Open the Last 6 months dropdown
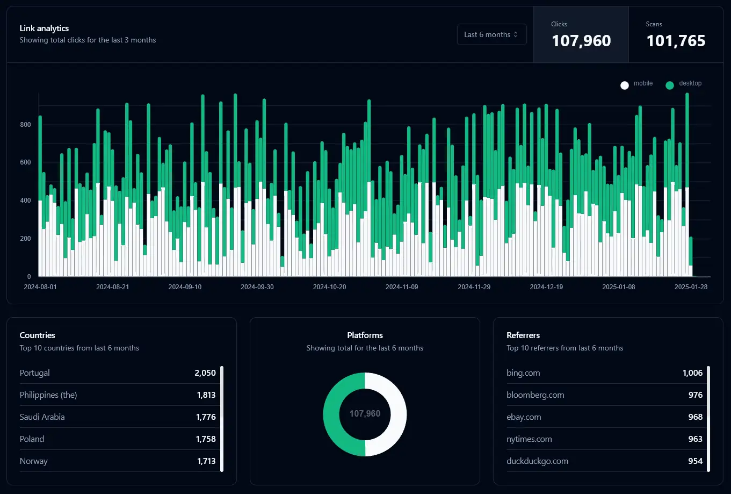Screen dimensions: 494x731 point(491,34)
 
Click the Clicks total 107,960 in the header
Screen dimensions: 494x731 point(581,40)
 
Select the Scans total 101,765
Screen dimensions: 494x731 point(676,40)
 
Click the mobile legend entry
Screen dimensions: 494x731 point(637,84)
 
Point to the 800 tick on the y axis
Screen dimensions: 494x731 point(26,125)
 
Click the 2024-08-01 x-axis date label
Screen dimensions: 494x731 point(40,287)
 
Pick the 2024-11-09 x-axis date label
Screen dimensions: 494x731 point(402,287)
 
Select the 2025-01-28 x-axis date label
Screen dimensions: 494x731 point(691,287)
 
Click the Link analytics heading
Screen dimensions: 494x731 point(44,28)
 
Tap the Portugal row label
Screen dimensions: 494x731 point(35,373)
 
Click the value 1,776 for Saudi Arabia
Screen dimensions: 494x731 point(206,417)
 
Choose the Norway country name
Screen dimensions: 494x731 point(34,461)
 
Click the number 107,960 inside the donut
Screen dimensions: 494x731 point(365,414)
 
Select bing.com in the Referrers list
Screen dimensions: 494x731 point(523,373)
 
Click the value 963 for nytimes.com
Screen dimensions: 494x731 point(695,439)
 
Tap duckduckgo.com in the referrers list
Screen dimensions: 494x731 point(537,461)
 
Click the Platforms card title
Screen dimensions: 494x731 point(365,335)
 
